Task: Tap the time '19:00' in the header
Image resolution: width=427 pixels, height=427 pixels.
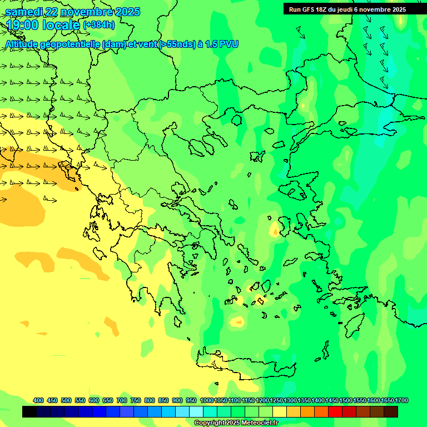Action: pyautogui.click(x=23, y=25)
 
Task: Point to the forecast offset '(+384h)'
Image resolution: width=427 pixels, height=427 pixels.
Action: pyautogui.click(x=98, y=25)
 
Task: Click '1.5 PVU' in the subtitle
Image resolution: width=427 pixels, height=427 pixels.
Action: pyautogui.click(x=221, y=44)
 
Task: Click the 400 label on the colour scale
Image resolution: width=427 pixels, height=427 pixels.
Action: pyautogui.click(x=38, y=400)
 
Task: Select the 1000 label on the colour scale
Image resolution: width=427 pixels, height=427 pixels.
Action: pyautogui.click(x=206, y=400)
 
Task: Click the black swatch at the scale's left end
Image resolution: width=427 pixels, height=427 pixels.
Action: pyautogui.click(x=29, y=412)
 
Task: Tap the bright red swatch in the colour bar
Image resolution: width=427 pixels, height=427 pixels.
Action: pyautogui.click(x=335, y=412)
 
